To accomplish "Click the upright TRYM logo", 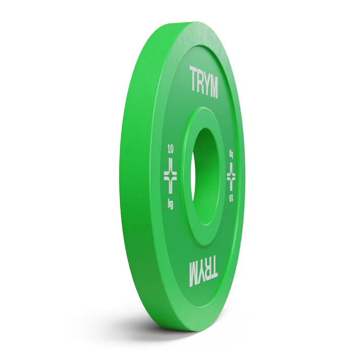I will tap(203, 81).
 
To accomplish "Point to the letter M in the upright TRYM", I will tap(214, 87).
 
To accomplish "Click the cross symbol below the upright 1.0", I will tap(171, 177).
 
